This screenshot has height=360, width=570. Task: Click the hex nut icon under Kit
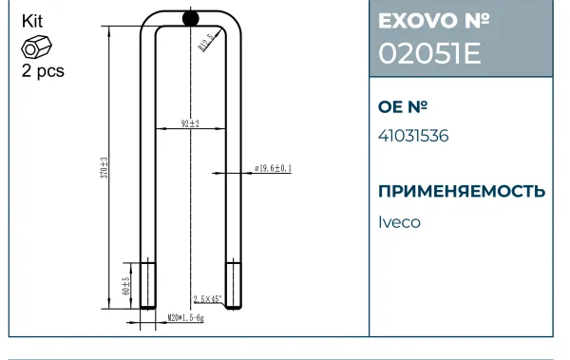point(36,47)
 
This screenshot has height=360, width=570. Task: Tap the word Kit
point(32,21)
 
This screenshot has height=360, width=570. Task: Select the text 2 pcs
point(43,70)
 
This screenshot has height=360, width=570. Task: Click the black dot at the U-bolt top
point(191,18)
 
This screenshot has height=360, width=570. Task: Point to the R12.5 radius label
point(206,43)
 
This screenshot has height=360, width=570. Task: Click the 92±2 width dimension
point(190,123)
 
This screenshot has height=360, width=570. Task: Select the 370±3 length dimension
point(104,167)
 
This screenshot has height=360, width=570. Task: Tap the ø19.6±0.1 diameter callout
point(273,168)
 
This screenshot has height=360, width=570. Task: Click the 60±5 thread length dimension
point(125,286)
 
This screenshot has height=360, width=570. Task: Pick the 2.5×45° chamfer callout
point(207,299)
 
